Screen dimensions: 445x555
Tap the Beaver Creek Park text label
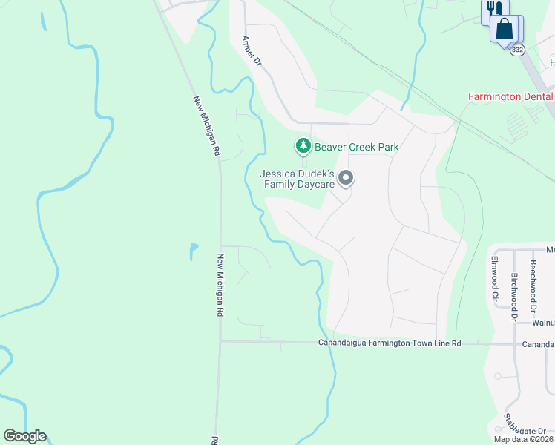click(x=356, y=147)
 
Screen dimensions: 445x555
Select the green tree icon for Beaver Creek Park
click(x=303, y=147)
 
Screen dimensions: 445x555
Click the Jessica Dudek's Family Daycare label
click(x=297, y=179)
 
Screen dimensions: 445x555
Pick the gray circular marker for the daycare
click(x=345, y=178)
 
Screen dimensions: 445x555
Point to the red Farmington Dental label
click(x=510, y=96)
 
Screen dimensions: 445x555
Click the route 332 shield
click(x=517, y=49)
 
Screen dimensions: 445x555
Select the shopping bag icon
click(x=505, y=30)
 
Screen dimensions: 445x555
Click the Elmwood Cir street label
click(x=494, y=278)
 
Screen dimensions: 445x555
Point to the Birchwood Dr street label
click(x=513, y=296)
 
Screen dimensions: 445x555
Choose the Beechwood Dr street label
click(x=533, y=275)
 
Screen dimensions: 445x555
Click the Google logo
click(x=24, y=436)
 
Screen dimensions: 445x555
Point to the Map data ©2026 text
click(x=523, y=439)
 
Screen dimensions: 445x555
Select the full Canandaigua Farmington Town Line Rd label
click(x=390, y=343)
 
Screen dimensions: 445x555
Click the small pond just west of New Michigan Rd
click(x=193, y=251)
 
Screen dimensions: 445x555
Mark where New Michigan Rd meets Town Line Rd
click(x=220, y=342)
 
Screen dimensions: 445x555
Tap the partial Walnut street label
click(x=543, y=323)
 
